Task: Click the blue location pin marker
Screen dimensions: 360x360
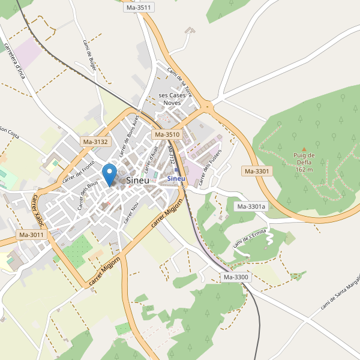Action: [x=109, y=173]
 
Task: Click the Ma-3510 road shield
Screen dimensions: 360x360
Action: [x=167, y=135]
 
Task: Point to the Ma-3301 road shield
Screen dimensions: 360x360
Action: [x=257, y=171]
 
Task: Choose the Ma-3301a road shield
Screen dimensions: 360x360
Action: [x=251, y=207]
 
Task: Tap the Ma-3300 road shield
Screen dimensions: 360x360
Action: [x=236, y=277]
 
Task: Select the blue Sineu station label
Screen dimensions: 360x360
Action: [x=176, y=178]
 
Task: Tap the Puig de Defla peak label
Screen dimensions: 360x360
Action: [x=304, y=162]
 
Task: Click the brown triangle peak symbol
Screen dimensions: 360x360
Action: [x=304, y=149]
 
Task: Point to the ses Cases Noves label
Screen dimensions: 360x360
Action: [x=172, y=99]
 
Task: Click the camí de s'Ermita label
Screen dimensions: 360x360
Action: [x=248, y=240]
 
